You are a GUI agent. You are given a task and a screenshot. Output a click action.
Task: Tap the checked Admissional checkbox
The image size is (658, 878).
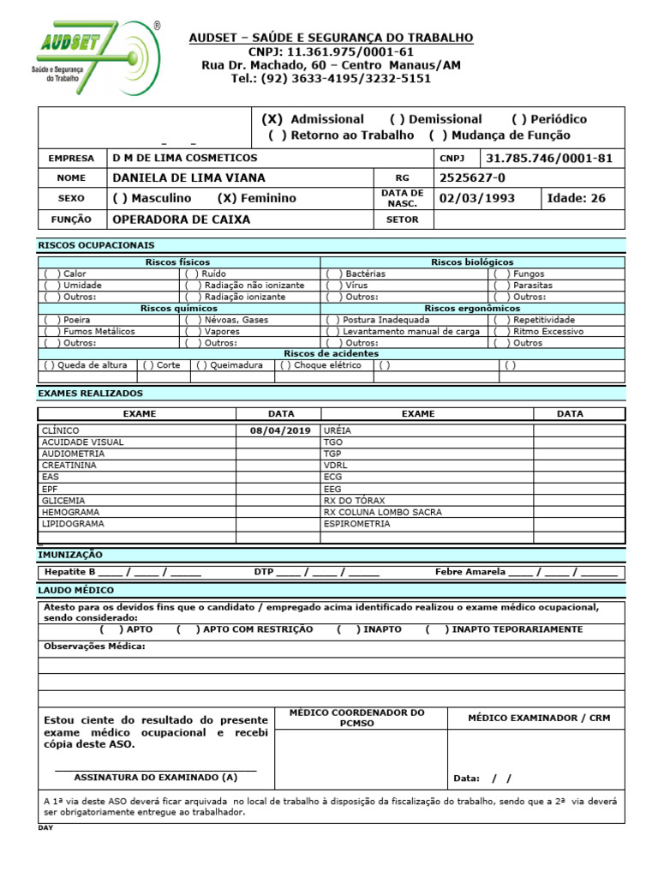(x=272, y=119)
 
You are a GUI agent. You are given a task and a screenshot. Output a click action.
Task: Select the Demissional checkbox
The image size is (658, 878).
(x=398, y=119)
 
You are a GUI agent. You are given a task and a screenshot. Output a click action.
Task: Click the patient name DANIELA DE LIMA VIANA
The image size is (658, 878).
(x=188, y=177)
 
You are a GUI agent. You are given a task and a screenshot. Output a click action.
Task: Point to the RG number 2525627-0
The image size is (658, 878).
(x=472, y=177)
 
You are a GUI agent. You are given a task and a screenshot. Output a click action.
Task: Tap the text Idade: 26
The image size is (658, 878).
(x=576, y=198)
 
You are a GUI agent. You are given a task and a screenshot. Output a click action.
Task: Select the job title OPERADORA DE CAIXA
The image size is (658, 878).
(x=182, y=219)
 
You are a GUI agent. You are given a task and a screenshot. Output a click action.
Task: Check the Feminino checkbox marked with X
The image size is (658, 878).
(x=227, y=198)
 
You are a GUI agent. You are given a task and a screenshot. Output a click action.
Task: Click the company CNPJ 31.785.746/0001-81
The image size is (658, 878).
(x=549, y=158)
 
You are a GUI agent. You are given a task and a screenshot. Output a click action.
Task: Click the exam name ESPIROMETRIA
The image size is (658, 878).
(x=356, y=523)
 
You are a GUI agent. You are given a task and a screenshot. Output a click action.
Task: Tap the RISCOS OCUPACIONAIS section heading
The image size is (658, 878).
(x=96, y=244)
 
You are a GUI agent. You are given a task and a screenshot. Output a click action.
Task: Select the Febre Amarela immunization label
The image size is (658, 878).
(x=470, y=571)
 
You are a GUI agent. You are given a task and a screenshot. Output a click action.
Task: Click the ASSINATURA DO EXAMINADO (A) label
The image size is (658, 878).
(x=155, y=777)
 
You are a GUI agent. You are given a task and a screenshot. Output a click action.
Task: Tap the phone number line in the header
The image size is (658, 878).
(x=331, y=79)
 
